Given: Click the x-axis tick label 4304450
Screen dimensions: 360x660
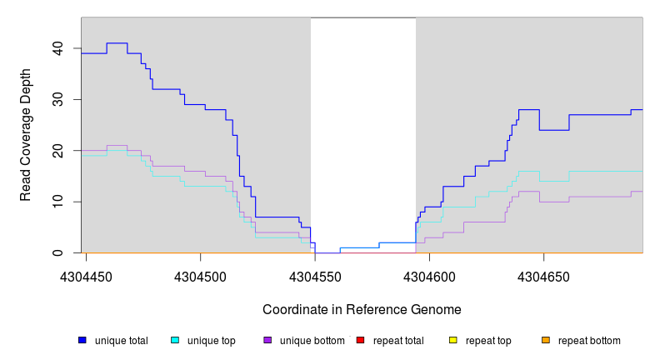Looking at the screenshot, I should coord(87,277).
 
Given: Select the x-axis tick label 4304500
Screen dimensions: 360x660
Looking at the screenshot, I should coord(201,277).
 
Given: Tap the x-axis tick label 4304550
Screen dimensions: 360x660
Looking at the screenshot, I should coord(315,277).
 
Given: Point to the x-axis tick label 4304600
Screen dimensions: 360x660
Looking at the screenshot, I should coord(429,277).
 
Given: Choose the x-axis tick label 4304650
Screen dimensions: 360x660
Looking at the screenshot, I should coord(543,277).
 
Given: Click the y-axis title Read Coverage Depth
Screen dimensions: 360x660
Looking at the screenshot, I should coord(26,147).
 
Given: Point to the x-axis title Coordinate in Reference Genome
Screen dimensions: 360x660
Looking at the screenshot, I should coord(362,309).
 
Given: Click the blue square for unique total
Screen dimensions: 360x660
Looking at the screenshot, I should coord(82,340).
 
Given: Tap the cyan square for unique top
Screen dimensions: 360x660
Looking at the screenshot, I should coord(175,340).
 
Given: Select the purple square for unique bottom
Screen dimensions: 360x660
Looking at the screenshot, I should coord(267,340).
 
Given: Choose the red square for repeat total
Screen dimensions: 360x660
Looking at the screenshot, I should coord(360,340).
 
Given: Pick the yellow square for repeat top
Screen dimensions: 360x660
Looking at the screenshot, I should coord(453,340).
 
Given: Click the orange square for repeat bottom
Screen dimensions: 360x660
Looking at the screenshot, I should coord(546,340).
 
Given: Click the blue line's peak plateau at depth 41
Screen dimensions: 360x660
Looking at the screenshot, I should coord(117,42).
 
